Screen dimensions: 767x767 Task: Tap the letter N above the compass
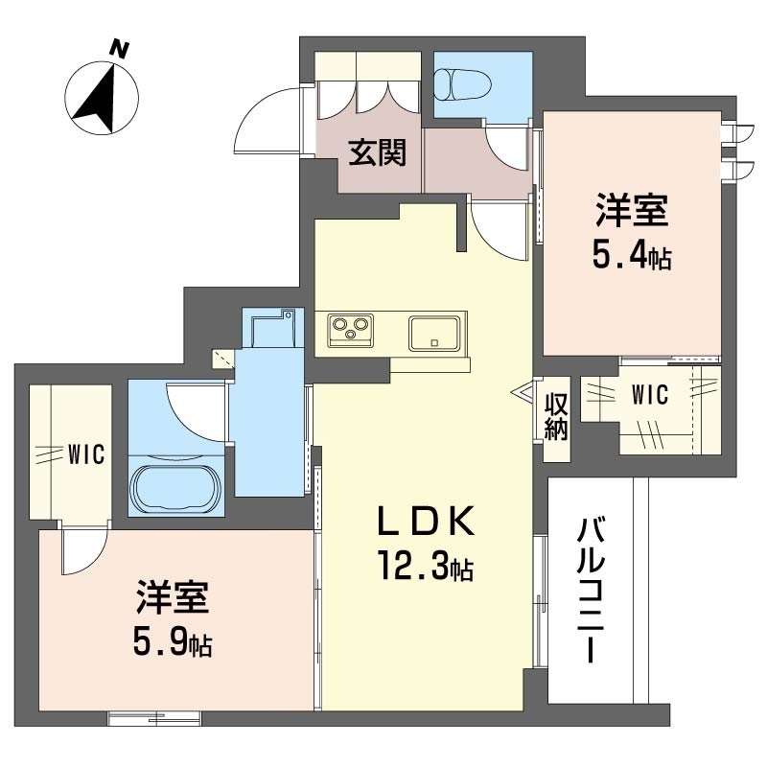[120, 47]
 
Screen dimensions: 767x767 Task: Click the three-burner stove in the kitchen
[349, 332]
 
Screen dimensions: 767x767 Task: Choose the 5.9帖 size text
[174, 641]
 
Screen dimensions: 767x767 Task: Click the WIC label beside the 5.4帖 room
[650, 394]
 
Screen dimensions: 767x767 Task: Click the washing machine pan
[271, 329]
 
